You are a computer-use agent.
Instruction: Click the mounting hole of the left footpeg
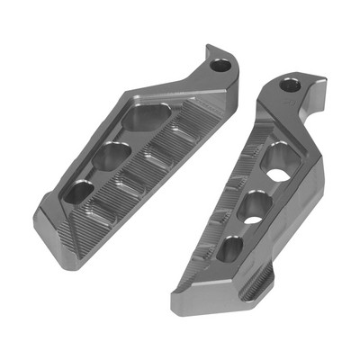(x=219, y=64)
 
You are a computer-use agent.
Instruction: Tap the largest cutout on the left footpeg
(x=144, y=117)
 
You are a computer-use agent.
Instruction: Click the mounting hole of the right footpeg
(x=290, y=85)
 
